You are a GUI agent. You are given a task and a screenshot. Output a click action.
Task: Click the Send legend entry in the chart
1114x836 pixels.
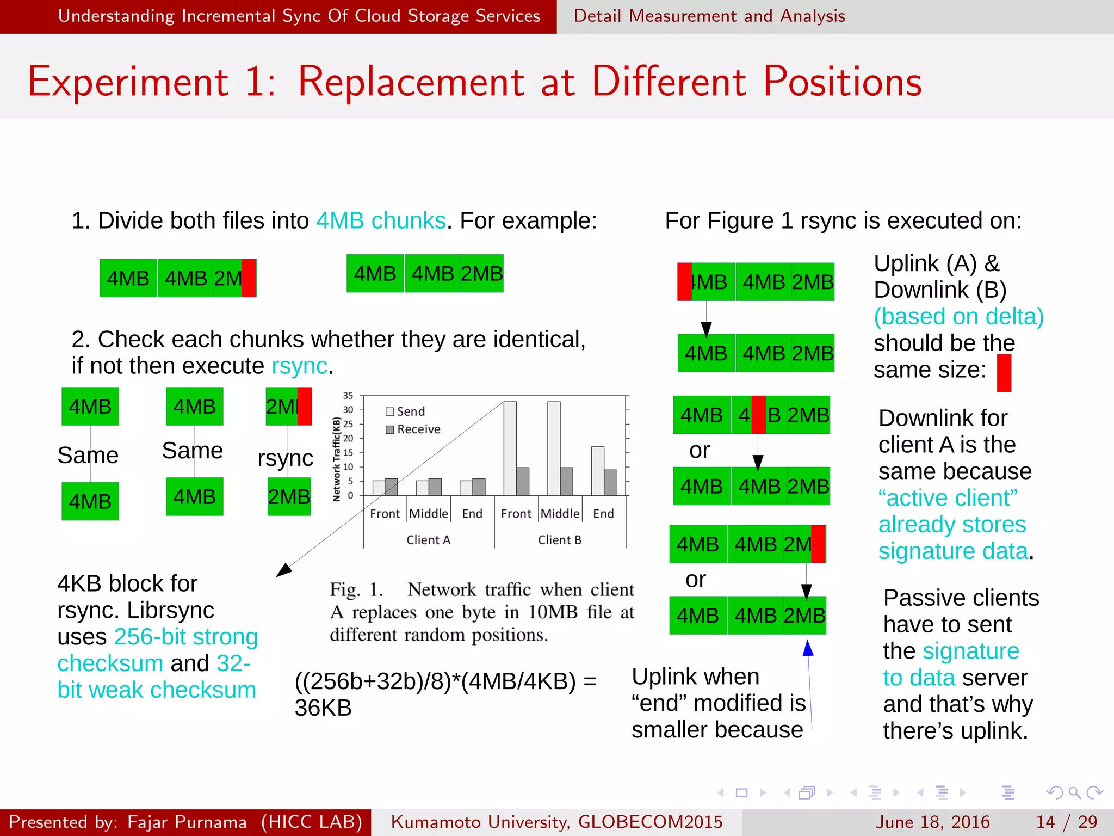pyautogui.click(x=405, y=411)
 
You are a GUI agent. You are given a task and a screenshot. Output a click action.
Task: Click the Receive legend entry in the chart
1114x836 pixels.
pyautogui.click(x=413, y=429)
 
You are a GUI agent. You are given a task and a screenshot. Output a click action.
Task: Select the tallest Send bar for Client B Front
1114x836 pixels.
pyautogui.click(x=510, y=447)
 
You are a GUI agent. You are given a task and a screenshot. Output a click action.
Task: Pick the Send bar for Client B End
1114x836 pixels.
pyautogui.click(x=597, y=470)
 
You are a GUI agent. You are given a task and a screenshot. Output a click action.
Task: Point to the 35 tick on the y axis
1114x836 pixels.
pyautogui.click(x=348, y=396)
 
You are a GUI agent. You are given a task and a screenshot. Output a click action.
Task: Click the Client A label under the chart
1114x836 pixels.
pyautogui.click(x=428, y=540)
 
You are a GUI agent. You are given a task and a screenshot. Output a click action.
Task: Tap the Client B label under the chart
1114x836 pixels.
pyautogui.click(x=559, y=540)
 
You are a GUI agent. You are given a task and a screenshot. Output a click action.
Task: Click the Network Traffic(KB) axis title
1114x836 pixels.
pyautogui.click(x=337, y=459)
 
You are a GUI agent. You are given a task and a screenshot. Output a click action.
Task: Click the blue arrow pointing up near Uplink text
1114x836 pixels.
pyautogui.click(x=808, y=649)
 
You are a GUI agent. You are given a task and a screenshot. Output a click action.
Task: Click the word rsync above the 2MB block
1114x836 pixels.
pyautogui.click(x=285, y=458)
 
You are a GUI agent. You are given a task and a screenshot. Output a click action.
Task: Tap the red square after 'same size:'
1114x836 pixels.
pyautogui.click(x=1004, y=373)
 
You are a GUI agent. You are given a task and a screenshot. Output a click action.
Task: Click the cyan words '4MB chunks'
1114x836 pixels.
pyautogui.click(x=381, y=221)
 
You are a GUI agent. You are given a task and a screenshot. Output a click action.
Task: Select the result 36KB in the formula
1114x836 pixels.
pyautogui.click(x=323, y=708)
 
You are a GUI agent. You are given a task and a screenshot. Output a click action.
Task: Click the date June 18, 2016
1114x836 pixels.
pyautogui.click(x=932, y=822)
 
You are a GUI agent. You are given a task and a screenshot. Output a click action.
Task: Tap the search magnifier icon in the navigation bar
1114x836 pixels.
pyautogui.click(x=1074, y=792)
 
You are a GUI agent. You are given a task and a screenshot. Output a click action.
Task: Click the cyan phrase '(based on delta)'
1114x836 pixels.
pyautogui.click(x=958, y=317)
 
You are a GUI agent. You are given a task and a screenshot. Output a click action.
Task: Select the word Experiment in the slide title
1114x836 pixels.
pyautogui.click(x=128, y=82)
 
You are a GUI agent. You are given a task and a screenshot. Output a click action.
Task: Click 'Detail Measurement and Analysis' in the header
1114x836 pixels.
pyautogui.click(x=709, y=16)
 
